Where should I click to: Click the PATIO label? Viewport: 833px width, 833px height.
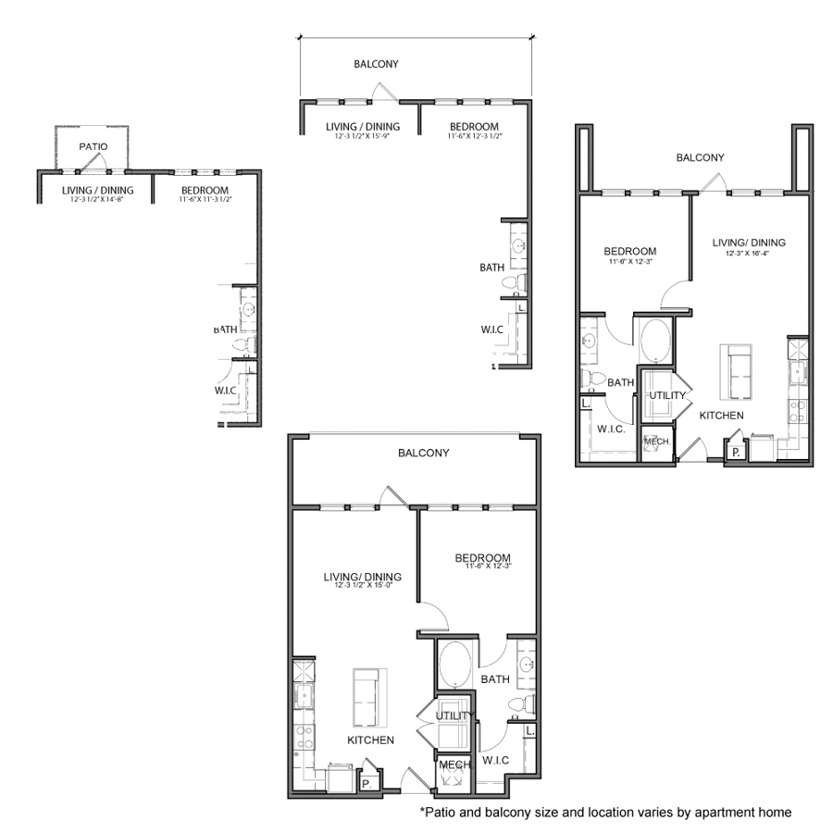pyautogui.click(x=93, y=146)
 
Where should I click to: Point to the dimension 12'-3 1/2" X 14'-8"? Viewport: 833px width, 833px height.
pyautogui.click(x=97, y=199)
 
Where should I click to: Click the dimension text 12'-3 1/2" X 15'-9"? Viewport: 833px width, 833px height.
pyautogui.click(x=362, y=136)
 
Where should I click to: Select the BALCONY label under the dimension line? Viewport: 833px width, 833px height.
pyautogui.click(x=376, y=65)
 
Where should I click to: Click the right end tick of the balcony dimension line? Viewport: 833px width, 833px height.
pyautogui.click(x=531, y=38)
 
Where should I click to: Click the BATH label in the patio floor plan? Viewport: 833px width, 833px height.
pyautogui.click(x=225, y=329)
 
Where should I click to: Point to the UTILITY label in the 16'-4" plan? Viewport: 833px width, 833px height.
pyautogui.click(x=666, y=395)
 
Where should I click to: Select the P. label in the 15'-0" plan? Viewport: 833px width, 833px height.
pyautogui.click(x=366, y=783)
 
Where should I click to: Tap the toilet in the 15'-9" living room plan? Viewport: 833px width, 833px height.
pyautogui.click(x=519, y=280)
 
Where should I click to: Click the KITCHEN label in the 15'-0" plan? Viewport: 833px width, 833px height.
pyautogui.click(x=370, y=740)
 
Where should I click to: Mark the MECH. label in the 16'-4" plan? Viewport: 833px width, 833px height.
pyautogui.click(x=657, y=441)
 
